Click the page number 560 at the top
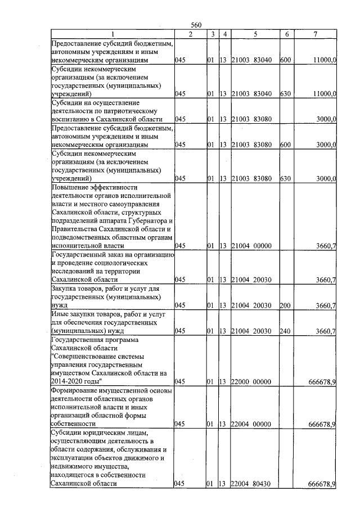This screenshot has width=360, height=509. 196,24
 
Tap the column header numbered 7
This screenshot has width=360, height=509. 315,34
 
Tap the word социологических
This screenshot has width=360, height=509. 99,263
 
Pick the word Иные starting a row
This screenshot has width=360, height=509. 59,314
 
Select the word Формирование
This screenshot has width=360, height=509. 76,390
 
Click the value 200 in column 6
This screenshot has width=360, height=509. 285,305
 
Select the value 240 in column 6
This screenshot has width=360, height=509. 285,331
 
